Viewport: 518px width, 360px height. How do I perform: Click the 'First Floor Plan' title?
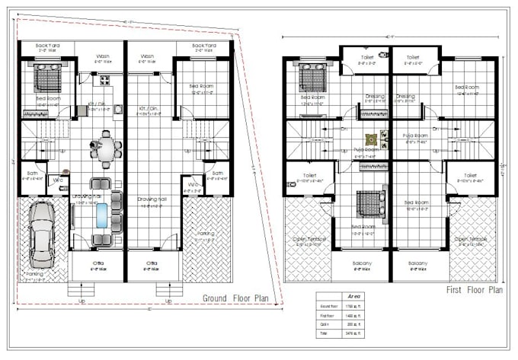(474, 290)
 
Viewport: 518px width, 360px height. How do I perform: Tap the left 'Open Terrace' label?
(309, 237)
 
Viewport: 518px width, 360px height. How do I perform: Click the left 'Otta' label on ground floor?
(98, 262)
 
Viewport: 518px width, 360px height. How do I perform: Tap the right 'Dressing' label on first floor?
(406, 97)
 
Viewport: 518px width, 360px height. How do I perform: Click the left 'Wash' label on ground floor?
(101, 56)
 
